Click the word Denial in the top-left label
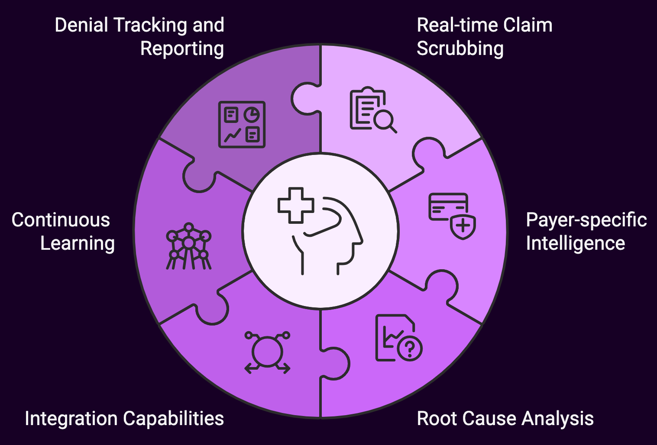coord(83,25)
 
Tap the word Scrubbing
coord(460,48)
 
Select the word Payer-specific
coord(586,220)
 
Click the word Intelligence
coord(575,243)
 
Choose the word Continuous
coord(61,220)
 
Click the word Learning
coord(78,243)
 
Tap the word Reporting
coord(182,48)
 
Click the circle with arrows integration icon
coord(267,352)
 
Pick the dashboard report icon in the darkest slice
coord(242,125)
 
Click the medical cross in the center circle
coord(296,205)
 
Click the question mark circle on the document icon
coord(410,348)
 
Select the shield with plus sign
coord(463,226)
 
